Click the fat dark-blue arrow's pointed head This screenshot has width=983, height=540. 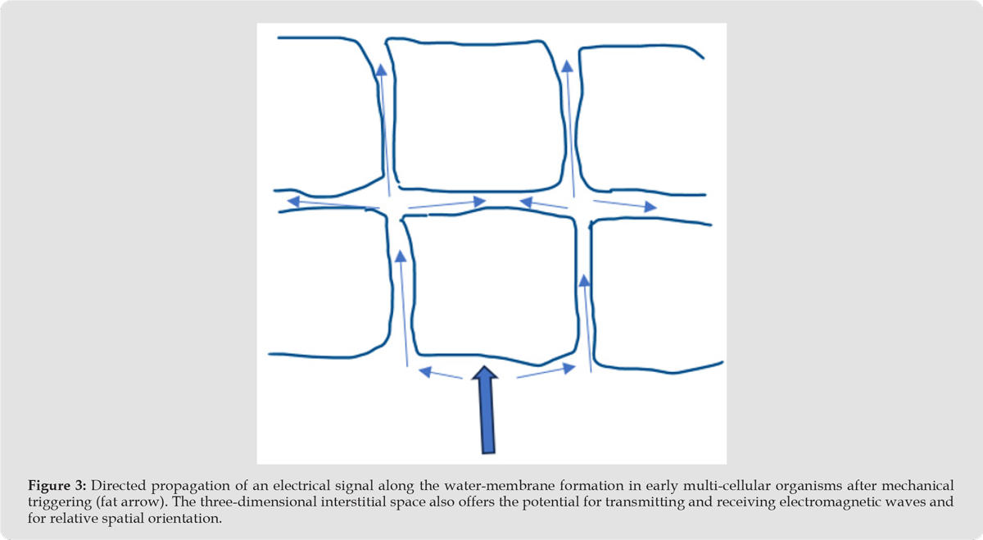click(484, 372)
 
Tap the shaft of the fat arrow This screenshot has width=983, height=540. click(487, 415)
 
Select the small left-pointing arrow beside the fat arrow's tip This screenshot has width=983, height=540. click(441, 374)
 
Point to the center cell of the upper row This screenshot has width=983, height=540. click(476, 116)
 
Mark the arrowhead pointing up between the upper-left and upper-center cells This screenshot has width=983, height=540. click(382, 70)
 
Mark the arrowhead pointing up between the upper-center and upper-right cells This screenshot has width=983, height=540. click(567, 66)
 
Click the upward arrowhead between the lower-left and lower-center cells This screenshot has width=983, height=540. click(401, 256)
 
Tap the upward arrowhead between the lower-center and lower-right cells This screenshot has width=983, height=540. click(584, 280)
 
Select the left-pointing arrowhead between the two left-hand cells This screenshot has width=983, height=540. click(293, 202)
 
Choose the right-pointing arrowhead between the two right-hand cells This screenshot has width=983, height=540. click(650, 206)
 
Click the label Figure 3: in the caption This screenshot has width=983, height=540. click(57, 486)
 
